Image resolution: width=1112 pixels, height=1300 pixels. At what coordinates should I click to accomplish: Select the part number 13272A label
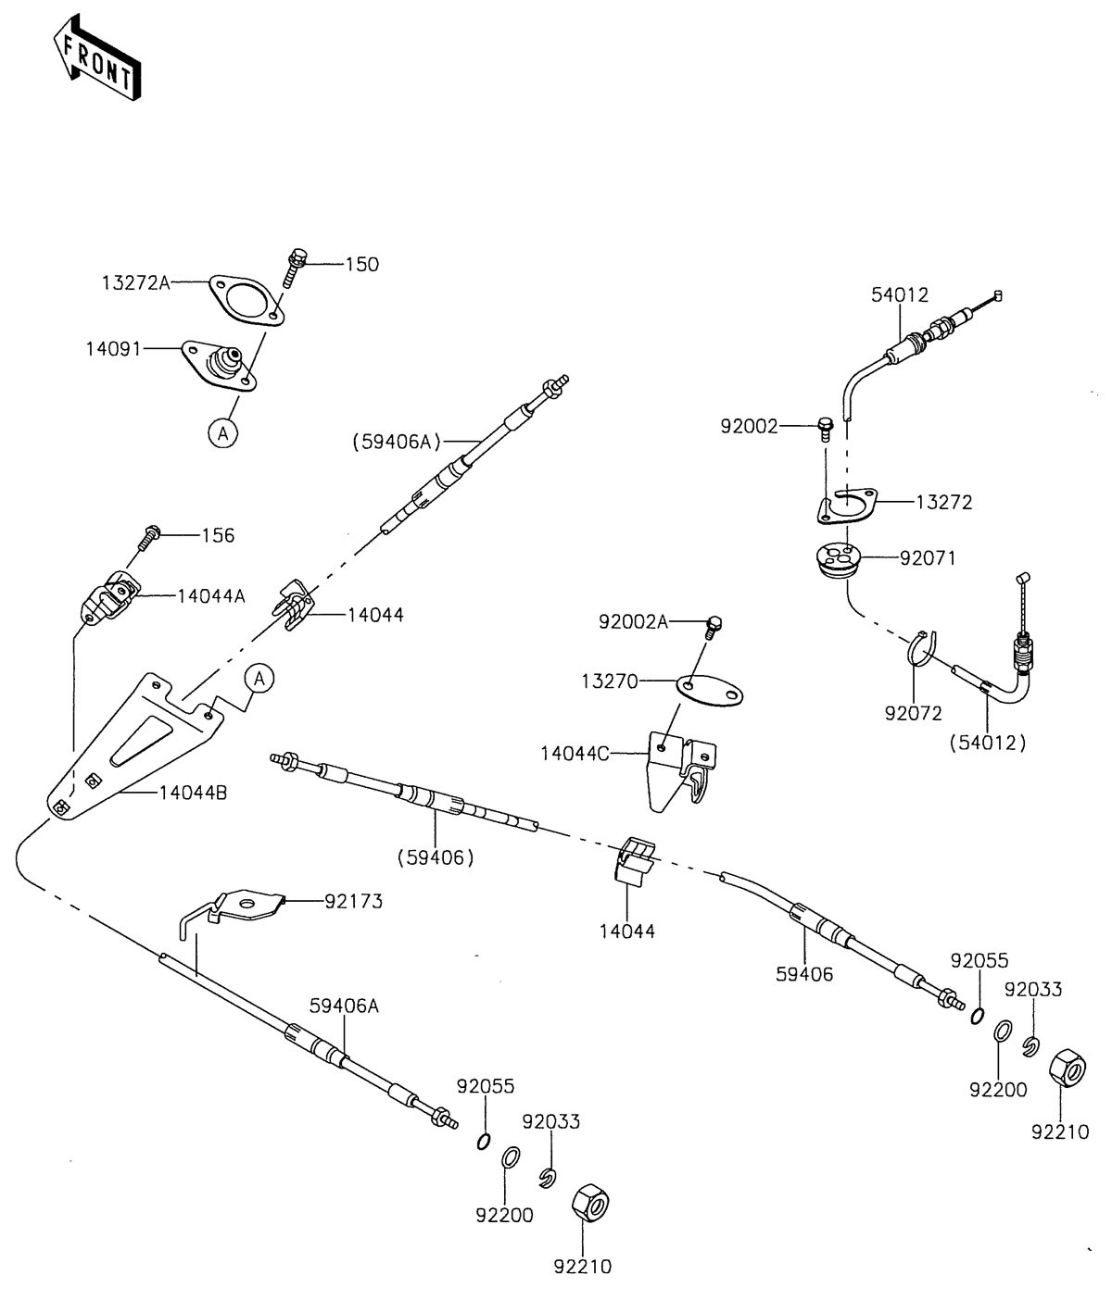click(136, 282)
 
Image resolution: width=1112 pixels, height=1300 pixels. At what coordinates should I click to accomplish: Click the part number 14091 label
click(114, 349)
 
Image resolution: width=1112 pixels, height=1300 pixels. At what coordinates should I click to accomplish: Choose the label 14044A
click(211, 596)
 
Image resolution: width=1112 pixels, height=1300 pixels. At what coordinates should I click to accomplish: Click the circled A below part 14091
click(222, 431)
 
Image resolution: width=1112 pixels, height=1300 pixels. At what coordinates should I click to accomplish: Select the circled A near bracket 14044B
click(259, 679)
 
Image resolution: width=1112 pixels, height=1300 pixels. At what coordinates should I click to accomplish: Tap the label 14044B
click(194, 793)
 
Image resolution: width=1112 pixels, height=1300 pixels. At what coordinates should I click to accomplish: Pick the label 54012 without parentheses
click(899, 294)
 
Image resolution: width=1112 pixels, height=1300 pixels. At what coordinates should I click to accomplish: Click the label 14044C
click(575, 753)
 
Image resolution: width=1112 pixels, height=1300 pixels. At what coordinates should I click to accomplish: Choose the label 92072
click(913, 713)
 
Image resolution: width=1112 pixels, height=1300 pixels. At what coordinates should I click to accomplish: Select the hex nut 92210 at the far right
click(1067, 1069)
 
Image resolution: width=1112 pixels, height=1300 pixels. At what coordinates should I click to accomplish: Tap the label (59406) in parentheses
click(435, 857)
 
